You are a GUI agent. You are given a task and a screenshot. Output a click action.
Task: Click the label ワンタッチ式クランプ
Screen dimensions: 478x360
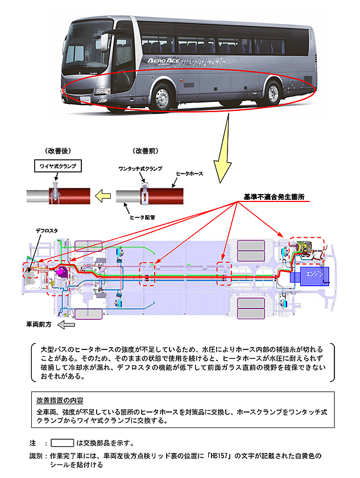[x=140, y=169]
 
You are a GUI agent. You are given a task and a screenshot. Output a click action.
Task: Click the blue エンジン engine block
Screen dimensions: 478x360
[x=312, y=274]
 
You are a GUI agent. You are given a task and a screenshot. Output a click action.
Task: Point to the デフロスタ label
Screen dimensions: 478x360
[x=47, y=230]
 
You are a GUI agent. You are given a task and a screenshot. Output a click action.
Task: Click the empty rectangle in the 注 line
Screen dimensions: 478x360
[x=63, y=442]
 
